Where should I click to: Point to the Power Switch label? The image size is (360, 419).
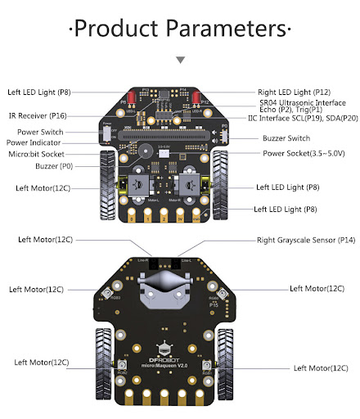coord(40,131)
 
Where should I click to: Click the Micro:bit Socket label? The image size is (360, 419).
coord(45,154)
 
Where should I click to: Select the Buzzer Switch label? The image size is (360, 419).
coord(286,138)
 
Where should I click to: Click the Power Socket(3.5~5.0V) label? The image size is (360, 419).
coord(302,153)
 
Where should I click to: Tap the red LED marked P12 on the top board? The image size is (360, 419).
coord(197,101)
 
